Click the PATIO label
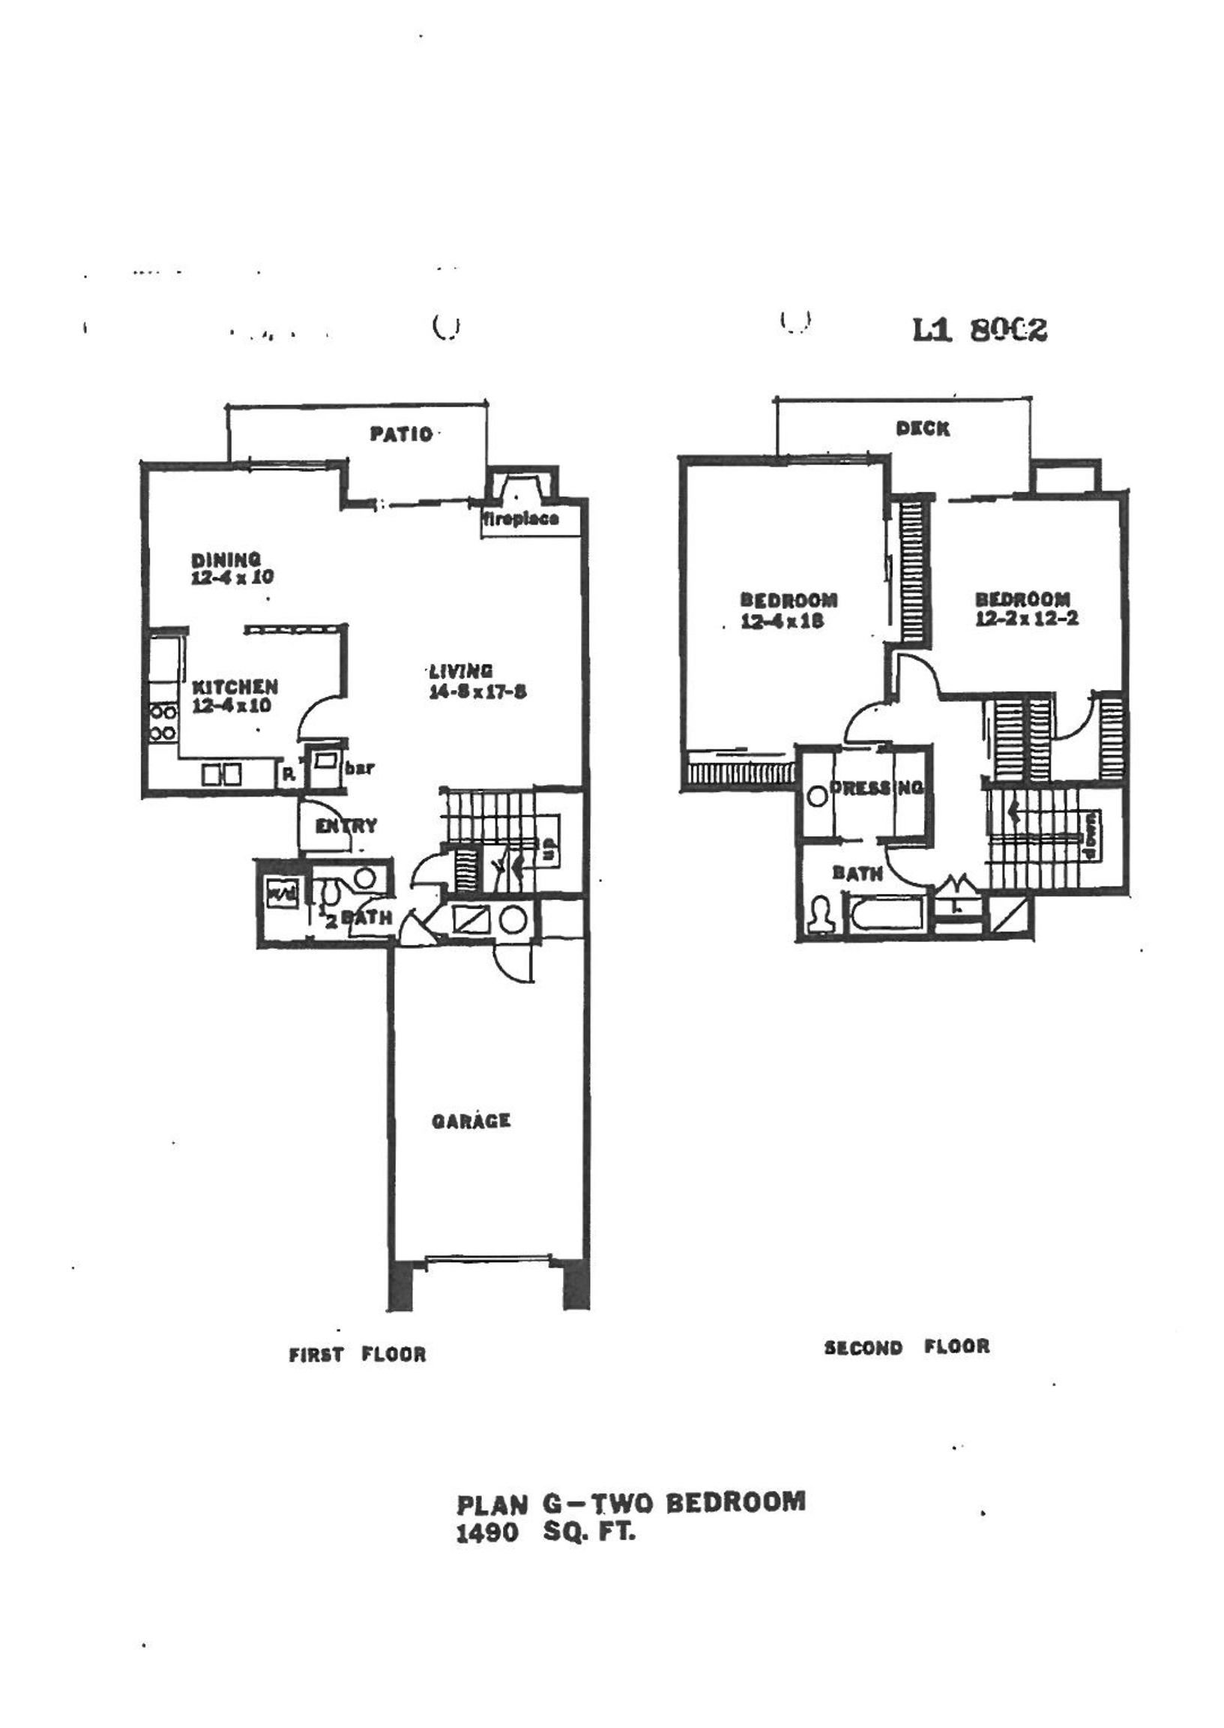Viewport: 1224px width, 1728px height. (401, 434)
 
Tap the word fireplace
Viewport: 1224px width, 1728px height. (521, 519)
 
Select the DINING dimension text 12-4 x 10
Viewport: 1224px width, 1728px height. (233, 578)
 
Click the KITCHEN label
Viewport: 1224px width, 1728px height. (235, 687)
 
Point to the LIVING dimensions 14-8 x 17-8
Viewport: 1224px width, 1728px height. (477, 692)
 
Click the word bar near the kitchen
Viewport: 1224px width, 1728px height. (360, 769)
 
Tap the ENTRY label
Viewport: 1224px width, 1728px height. (346, 826)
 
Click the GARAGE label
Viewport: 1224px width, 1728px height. (471, 1121)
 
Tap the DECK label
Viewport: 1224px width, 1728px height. (923, 429)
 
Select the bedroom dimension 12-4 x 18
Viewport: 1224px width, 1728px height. (783, 621)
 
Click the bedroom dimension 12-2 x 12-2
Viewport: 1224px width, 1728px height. (1027, 619)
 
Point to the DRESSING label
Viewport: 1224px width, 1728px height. (876, 788)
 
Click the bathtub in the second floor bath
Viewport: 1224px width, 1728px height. (887, 913)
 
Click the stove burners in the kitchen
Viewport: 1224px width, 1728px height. (163, 721)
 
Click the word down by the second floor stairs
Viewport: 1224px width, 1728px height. (1092, 834)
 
